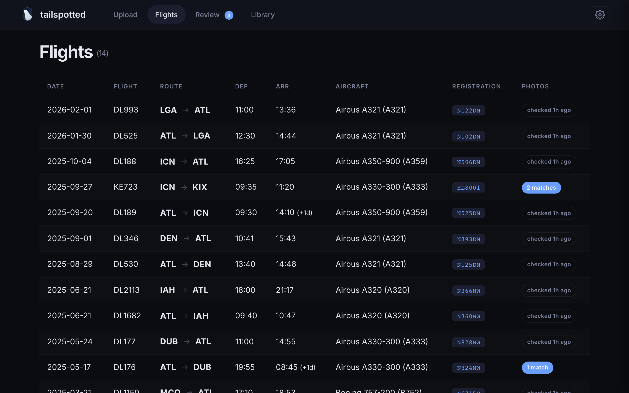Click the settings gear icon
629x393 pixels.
tap(600, 15)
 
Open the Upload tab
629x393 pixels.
tap(125, 15)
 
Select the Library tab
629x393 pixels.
tap(262, 15)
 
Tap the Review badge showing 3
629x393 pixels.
tap(229, 15)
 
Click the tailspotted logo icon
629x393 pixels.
tap(28, 14)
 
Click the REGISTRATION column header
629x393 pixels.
tap(476, 86)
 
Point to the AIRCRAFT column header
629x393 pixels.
tap(352, 86)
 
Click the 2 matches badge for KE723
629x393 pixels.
tap(541, 188)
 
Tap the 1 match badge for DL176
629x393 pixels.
tap(537, 367)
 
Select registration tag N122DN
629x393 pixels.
tap(468, 111)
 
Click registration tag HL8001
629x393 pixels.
tap(468, 188)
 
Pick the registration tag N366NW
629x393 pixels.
tap(468, 291)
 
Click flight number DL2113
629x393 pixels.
tap(127, 290)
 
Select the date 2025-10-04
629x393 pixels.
tap(69, 161)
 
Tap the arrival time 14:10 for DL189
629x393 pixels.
tap(285, 213)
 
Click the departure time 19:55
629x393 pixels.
tap(244, 367)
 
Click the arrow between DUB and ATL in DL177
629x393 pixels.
tap(187, 341)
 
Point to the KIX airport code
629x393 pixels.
tap(200, 187)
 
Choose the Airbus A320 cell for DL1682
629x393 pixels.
tap(372, 316)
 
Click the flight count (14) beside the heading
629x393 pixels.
tap(102, 54)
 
